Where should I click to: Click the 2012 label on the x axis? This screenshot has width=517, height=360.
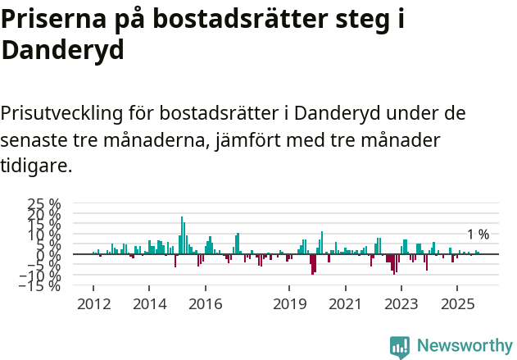(x=93, y=303)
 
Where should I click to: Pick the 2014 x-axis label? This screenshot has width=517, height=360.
(x=148, y=303)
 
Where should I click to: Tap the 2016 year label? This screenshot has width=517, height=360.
(x=205, y=303)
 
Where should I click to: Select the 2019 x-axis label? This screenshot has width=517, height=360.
(x=288, y=303)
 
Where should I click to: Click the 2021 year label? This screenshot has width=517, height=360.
(x=345, y=303)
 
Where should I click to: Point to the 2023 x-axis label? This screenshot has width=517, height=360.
(x=401, y=303)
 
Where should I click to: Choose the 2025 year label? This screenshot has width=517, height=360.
(x=456, y=303)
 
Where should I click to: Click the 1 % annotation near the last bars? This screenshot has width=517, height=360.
(x=478, y=235)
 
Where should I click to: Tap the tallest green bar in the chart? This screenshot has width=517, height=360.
(x=182, y=235)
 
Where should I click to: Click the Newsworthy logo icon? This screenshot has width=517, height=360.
(x=399, y=346)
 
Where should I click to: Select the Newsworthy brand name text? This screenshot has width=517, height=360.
(x=465, y=346)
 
